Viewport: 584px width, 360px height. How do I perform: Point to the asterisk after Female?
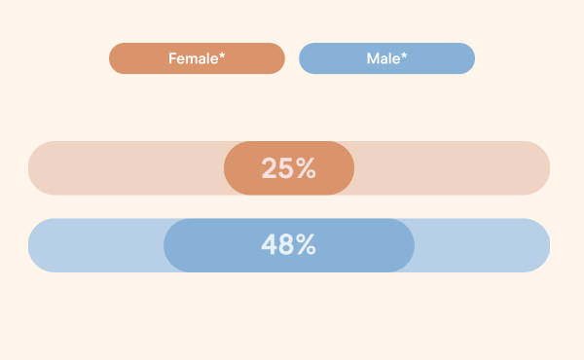click(222, 55)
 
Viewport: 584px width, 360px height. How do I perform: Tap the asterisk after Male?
click(404, 55)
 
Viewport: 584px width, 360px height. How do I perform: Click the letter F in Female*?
click(172, 58)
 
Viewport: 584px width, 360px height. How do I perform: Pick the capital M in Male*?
click(373, 58)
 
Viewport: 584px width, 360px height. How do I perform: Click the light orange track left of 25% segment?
click(127, 168)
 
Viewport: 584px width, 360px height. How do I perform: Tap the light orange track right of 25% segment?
click(453, 168)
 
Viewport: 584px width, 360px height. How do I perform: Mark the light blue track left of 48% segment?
click(95, 245)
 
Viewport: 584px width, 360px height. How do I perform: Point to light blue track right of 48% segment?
click(483, 245)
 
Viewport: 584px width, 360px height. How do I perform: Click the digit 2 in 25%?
click(270, 168)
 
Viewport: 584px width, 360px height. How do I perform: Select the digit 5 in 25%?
click(286, 168)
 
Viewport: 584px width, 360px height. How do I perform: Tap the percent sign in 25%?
click(306, 168)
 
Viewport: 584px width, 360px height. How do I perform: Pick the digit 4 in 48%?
click(270, 245)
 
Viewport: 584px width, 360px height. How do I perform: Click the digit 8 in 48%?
click(287, 245)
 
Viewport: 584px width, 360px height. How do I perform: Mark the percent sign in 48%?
click(307, 245)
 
